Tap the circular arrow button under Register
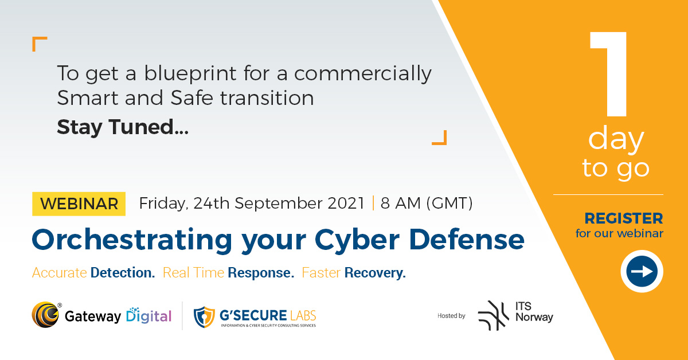coord(642,271)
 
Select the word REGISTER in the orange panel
coord(623,218)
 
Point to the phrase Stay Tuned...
coord(122,127)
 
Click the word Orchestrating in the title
coord(131,240)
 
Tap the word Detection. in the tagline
coord(123,273)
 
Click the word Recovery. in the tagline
coord(375,273)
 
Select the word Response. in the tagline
coord(261,273)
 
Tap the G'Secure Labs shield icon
coord(204,316)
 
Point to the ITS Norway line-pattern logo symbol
coord(493,315)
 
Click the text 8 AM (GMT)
coord(427,204)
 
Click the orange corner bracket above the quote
coord(39,44)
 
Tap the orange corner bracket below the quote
coord(439,138)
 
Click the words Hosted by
coord(451,315)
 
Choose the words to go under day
coord(616,167)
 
